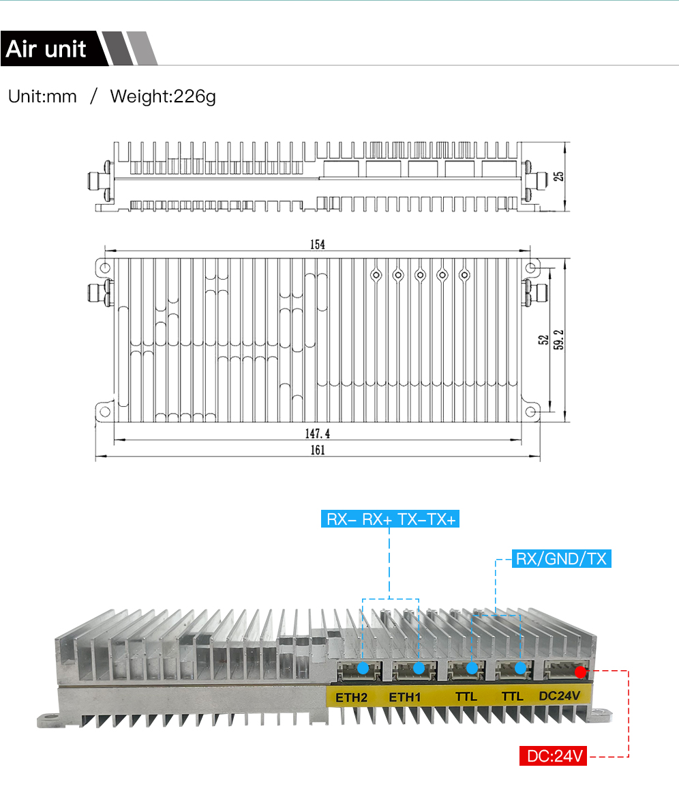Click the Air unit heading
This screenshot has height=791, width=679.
point(46,49)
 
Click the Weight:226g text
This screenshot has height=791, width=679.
point(163,97)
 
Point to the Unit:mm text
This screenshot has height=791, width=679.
point(42,97)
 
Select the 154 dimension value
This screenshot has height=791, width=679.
point(318,245)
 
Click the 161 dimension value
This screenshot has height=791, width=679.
point(318,450)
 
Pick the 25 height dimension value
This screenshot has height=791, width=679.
point(560,175)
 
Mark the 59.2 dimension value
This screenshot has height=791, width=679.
point(559,339)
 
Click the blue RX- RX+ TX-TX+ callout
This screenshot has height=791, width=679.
point(391,520)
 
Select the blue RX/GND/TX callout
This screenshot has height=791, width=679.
point(561,560)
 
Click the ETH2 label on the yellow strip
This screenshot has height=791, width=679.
point(352,697)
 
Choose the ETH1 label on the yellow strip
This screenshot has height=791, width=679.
point(406,697)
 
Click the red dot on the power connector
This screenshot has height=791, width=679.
point(580,672)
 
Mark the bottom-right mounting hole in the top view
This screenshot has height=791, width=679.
point(532,413)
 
